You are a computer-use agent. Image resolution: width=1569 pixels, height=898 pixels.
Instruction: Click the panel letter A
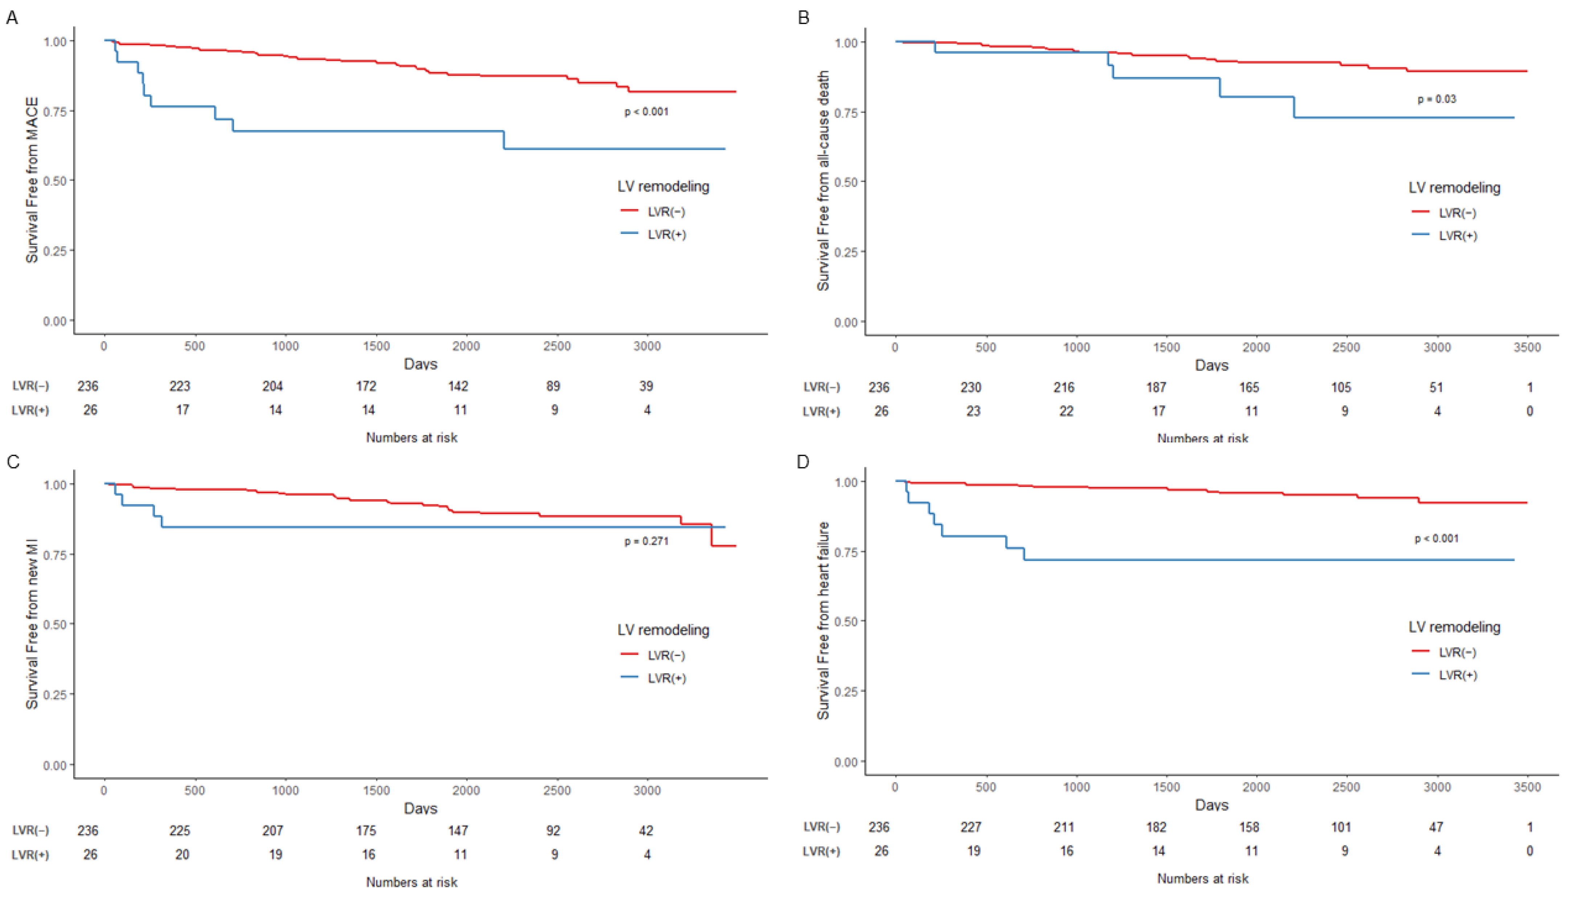pyautogui.click(x=12, y=18)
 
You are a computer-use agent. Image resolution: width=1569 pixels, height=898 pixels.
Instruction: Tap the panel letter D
pyautogui.click(x=803, y=462)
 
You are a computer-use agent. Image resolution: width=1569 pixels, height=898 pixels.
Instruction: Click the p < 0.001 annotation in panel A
pyautogui.click(x=646, y=112)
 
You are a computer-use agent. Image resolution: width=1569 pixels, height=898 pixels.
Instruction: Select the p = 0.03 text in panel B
pyautogui.click(x=1436, y=99)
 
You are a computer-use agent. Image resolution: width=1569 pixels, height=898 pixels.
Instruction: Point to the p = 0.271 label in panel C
pyautogui.click(x=646, y=541)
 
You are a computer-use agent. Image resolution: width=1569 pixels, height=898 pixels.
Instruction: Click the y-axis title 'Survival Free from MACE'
pyautogui.click(x=32, y=180)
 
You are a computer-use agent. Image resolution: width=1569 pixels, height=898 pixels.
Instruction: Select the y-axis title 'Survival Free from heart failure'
pyautogui.click(x=823, y=620)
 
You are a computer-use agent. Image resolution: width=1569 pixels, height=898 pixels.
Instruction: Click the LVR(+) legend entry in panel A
pyautogui.click(x=666, y=234)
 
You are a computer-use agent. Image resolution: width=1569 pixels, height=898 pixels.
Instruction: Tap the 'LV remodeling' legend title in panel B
pyautogui.click(x=1454, y=187)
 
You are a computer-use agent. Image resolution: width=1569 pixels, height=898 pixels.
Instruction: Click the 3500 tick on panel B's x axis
pyautogui.click(x=1527, y=347)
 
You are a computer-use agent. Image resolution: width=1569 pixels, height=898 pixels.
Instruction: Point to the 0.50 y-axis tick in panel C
pyautogui.click(x=55, y=624)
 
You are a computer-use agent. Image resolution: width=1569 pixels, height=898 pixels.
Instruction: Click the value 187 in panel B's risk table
pyautogui.click(x=1156, y=387)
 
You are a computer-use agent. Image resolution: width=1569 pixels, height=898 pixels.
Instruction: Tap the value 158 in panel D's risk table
pyautogui.click(x=1249, y=827)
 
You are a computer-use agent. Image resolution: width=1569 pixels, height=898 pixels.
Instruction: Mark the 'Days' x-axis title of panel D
pyautogui.click(x=1211, y=805)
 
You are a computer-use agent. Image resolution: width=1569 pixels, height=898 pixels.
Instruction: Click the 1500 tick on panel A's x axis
pyautogui.click(x=376, y=346)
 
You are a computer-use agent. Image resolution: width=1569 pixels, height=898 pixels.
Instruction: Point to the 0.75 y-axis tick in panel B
pyautogui.click(x=846, y=113)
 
